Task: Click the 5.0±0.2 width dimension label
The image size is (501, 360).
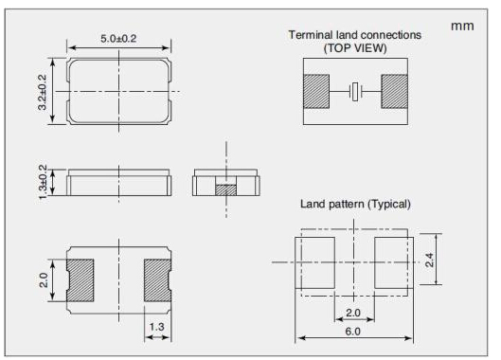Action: (118, 39)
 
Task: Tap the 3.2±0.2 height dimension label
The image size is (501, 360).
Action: (43, 92)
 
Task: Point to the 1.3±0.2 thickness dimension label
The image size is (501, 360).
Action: (43, 182)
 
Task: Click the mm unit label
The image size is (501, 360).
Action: (462, 27)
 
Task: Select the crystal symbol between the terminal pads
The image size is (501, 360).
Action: (355, 92)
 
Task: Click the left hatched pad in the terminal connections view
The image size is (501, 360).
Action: (316, 92)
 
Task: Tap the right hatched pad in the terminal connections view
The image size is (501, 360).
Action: (394, 92)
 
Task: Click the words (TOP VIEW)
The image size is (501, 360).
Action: (355, 48)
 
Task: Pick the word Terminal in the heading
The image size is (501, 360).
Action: (311, 35)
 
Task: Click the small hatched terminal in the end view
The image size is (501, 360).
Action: (226, 189)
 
